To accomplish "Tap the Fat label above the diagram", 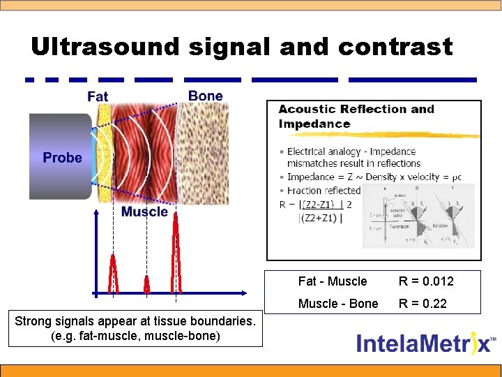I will pos(98,96).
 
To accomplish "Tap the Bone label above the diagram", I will pos(206,96).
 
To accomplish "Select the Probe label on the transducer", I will pos(62,158).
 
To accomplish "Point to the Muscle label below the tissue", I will pos(144,212).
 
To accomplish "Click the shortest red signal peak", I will pos(146,284).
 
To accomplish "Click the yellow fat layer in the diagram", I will pos(103,154).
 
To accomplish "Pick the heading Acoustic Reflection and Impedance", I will pos(356,117).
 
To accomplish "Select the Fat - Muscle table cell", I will pos(332,281).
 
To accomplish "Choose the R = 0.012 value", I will pos(426,281).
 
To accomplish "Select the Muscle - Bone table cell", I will pos(338,304).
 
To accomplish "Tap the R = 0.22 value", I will pos(423,304).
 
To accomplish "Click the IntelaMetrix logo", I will pos(426,343).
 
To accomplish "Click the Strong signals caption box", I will pos(135,329).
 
